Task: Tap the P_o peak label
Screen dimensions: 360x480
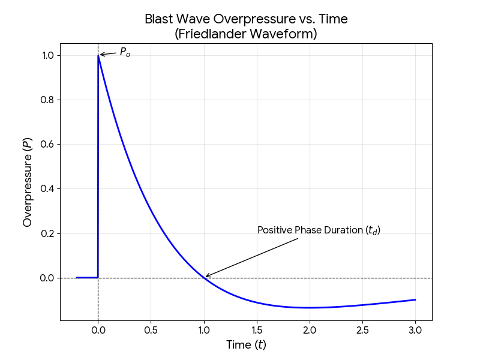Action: tap(125, 52)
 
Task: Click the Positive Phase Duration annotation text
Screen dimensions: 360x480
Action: tap(319, 230)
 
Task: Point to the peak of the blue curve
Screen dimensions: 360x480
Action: tap(98, 55)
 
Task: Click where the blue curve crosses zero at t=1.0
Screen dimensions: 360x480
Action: tap(204, 278)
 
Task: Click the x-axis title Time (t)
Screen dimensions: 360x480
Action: tap(246, 344)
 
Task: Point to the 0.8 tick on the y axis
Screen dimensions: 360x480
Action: tap(46, 100)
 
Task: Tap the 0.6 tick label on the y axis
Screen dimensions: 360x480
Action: tap(46, 145)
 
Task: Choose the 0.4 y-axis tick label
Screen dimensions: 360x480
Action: tap(46, 189)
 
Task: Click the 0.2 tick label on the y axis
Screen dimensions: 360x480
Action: tap(46, 233)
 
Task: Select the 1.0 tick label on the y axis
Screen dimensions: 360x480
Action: tap(46, 55)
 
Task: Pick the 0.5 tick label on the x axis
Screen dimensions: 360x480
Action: tap(151, 330)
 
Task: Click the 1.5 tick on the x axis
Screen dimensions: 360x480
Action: tap(257, 330)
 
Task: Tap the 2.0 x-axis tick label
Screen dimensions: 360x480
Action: tap(310, 330)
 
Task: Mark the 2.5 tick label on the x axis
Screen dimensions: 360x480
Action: tap(362, 330)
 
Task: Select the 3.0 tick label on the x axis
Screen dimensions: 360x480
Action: tap(415, 330)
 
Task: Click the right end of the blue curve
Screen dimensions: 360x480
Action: tap(415, 299)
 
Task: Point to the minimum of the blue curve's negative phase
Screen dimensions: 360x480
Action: tap(310, 308)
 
